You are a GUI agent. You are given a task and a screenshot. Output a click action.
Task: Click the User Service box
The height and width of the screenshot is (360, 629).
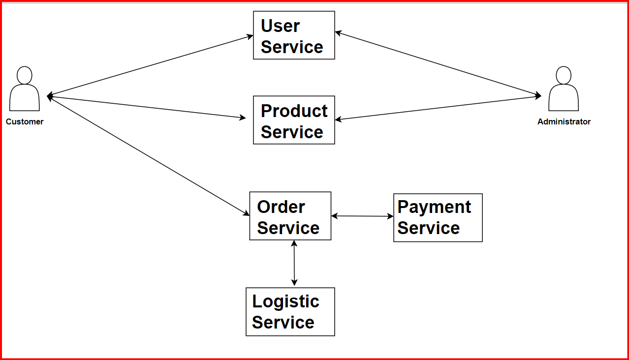click(x=294, y=35)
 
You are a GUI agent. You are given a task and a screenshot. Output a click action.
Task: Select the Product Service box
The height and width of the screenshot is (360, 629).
click(x=294, y=120)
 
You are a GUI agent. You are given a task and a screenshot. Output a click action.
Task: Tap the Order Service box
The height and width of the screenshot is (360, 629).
click(x=290, y=216)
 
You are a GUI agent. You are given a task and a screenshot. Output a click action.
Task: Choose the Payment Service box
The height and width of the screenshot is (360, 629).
click(x=438, y=217)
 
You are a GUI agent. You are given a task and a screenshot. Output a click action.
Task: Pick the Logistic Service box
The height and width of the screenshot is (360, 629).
click(x=290, y=312)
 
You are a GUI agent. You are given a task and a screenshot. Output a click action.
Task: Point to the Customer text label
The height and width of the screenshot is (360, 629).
click(x=25, y=121)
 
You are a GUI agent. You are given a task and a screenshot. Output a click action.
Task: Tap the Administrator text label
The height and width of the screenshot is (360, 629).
click(x=564, y=121)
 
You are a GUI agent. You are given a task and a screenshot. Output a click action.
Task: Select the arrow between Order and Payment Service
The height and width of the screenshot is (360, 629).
click(x=362, y=216)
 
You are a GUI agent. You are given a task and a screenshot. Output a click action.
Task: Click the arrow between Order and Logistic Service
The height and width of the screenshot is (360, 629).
click(x=294, y=263)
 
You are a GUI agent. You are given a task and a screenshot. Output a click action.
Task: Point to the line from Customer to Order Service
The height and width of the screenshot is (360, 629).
click(x=148, y=155)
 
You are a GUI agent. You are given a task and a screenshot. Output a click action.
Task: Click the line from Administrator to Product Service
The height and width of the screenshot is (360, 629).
click(x=438, y=108)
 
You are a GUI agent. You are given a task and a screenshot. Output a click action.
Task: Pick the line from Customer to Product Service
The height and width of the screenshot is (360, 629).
click(x=148, y=107)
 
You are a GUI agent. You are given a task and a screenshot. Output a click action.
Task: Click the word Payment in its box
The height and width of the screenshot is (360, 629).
click(x=434, y=207)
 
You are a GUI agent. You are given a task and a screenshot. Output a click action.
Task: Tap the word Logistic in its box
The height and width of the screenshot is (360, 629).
click(x=285, y=301)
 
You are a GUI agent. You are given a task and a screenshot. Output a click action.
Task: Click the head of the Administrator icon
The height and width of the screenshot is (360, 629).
click(x=564, y=75)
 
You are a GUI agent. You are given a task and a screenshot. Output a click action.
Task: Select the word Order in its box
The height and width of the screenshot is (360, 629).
click(x=281, y=207)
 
